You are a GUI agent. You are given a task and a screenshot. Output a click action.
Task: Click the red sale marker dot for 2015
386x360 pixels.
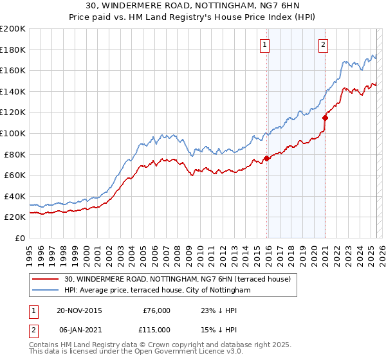click(266, 158)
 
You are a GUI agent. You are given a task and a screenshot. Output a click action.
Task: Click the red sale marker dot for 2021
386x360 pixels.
click(326, 118)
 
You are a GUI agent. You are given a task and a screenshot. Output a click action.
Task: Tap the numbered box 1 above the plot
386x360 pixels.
click(265, 44)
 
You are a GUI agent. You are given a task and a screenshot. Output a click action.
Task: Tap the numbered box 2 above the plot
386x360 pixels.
click(323, 44)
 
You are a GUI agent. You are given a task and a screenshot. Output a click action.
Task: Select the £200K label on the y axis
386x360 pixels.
click(13, 28)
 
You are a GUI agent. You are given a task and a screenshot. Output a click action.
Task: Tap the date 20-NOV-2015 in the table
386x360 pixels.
click(79, 310)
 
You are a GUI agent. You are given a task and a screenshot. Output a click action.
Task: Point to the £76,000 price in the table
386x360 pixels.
click(156, 310)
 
